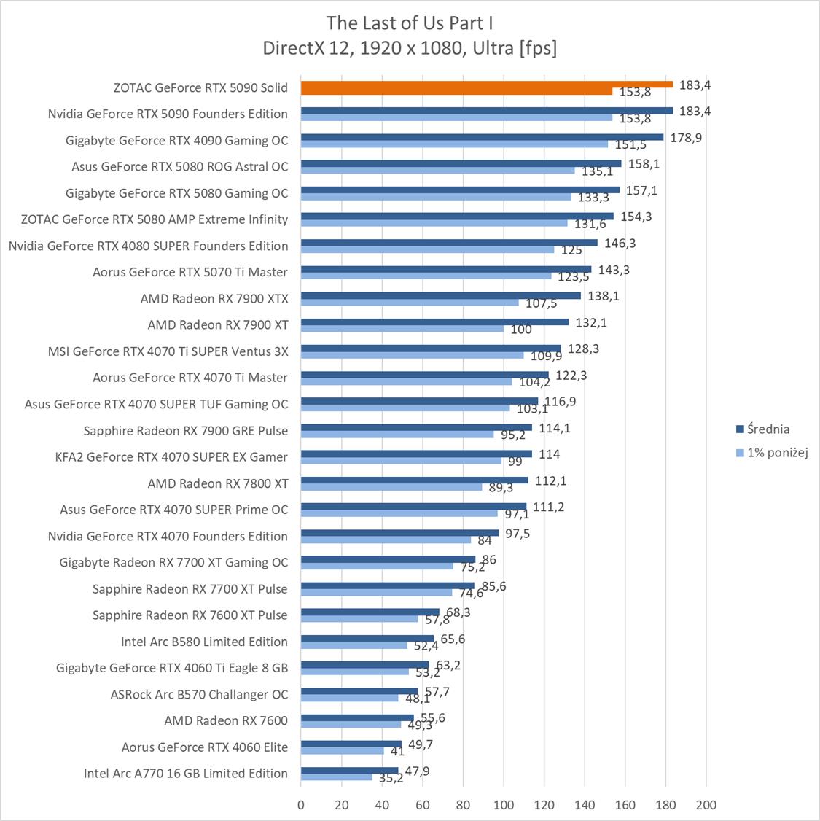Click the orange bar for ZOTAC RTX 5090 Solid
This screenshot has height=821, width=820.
[x=486, y=84]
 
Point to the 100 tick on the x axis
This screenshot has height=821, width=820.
[x=504, y=805]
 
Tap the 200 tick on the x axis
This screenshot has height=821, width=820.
[x=706, y=805]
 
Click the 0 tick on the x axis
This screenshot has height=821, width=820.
[x=301, y=805]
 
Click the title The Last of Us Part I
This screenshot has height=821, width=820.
[x=410, y=23]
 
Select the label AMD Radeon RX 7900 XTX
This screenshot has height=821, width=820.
[x=214, y=298]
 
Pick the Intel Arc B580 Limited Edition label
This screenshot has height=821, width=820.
[x=204, y=642]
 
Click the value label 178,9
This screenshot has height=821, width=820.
[x=686, y=138]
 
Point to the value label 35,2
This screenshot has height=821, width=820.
[x=391, y=778]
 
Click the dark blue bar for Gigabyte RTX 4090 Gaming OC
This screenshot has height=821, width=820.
[x=482, y=137]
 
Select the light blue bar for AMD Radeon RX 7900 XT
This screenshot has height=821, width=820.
[x=402, y=328]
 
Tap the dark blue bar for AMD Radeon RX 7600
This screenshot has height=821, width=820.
[x=357, y=717]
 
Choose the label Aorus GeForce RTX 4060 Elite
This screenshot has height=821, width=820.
[x=205, y=747]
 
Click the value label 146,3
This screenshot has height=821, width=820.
[x=620, y=244]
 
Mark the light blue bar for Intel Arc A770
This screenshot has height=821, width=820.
[x=337, y=777]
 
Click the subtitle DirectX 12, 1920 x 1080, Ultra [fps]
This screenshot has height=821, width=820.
[x=410, y=48]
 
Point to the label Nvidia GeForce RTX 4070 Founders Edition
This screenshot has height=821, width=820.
[x=168, y=536]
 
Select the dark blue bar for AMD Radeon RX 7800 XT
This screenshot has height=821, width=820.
[x=414, y=480]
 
